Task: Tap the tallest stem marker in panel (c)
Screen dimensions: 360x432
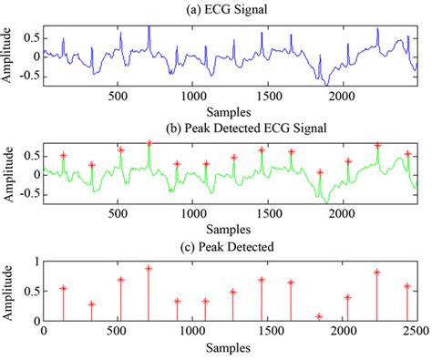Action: pyautogui.click(x=149, y=268)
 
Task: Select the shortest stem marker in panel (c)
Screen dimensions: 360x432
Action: pyautogui.click(x=319, y=316)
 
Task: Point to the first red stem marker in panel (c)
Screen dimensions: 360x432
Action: pyautogui.click(x=63, y=288)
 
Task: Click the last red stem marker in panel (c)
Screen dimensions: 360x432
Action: pyautogui.click(x=406, y=286)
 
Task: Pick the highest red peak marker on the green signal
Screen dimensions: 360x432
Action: pyautogui.click(x=149, y=143)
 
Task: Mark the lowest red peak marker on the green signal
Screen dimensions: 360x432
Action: pyautogui.click(x=319, y=171)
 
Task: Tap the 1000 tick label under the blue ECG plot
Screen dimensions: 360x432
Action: pyautogui.click(x=192, y=94)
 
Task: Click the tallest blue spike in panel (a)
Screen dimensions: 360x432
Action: pyautogui.click(x=149, y=27)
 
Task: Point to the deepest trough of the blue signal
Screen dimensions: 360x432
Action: pyautogui.click(x=321, y=82)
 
